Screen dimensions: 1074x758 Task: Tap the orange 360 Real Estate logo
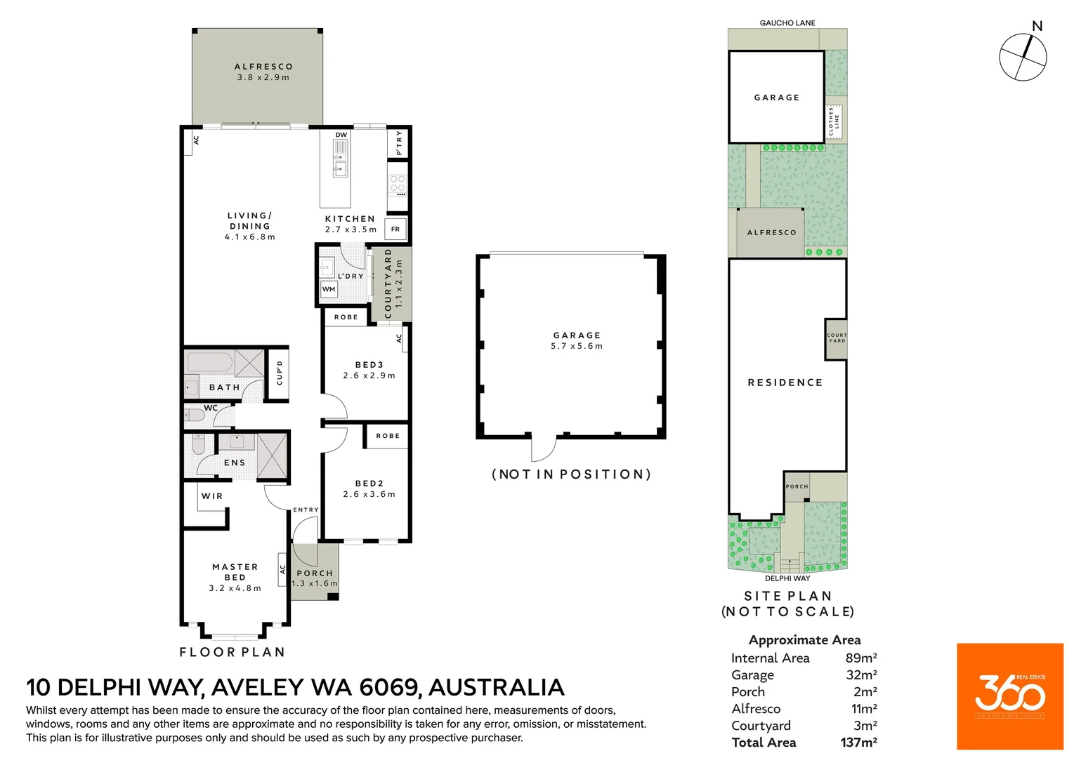coord(1010,696)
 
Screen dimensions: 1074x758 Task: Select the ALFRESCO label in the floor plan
coord(263,67)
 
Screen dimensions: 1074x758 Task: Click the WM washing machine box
coord(329,289)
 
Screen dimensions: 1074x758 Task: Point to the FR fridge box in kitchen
coord(395,229)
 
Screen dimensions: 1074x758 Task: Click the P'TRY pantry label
coord(399,142)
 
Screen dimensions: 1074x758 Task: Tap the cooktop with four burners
coord(398,185)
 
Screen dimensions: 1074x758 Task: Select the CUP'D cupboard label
coord(280,373)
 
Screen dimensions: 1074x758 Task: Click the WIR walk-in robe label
coord(212,496)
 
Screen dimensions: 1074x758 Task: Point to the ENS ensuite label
coord(235,463)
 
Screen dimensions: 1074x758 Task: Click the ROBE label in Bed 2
coord(388,436)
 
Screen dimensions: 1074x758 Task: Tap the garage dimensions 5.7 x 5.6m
coord(577,346)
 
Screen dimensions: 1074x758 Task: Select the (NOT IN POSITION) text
coord(572,474)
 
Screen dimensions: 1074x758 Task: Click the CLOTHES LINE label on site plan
coord(834,121)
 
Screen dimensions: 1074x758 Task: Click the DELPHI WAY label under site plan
coord(787,578)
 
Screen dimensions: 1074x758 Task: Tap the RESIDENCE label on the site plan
coord(785,383)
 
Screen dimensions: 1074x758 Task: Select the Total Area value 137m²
coord(859,742)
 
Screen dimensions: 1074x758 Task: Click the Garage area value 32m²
coord(862,674)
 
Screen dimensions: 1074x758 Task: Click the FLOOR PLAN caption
coord(233,652)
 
